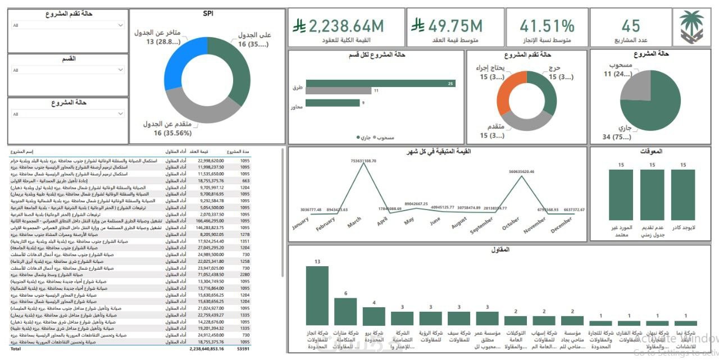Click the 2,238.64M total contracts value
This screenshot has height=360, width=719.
tap(347, 26)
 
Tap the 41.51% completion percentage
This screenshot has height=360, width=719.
tap(547, 26)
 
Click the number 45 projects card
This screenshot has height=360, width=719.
tap(631, 26)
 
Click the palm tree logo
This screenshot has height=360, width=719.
tap(691, 26)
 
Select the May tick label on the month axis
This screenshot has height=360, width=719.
tap(409, 220)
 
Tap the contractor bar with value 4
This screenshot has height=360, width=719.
tap(374, 316)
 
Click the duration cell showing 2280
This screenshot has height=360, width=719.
tap(244, 275)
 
